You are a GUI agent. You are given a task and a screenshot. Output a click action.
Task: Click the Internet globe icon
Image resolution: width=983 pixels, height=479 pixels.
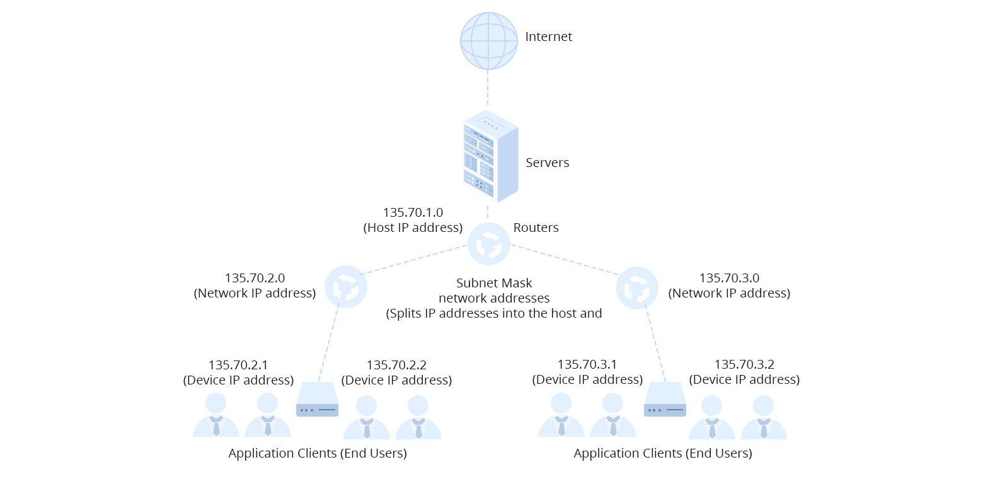coord(488,40)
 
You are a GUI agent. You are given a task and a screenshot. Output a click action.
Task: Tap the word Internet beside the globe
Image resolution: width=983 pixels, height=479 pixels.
coord(548,37)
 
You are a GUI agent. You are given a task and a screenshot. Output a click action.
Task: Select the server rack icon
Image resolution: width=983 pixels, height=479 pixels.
coord(490,156)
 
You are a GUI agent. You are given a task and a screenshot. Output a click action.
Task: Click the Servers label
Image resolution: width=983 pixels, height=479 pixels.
coord(547,163)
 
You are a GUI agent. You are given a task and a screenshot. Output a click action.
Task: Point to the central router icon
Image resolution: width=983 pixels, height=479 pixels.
coord(488,243)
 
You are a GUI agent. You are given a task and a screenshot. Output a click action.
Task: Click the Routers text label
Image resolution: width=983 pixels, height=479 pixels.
coord(536,228)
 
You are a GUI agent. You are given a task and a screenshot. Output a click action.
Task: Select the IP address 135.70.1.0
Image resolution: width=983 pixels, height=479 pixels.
coord(413,212)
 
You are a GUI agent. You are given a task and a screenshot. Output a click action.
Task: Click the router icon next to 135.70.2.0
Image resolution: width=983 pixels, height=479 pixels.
coord(345,287)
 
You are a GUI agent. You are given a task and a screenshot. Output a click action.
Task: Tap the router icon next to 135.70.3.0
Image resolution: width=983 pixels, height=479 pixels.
coord(636,288)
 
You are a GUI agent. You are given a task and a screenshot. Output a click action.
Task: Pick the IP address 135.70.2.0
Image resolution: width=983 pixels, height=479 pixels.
coord(255,278)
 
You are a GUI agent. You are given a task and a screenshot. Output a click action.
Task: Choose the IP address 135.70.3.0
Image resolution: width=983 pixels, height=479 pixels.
coord(729,278)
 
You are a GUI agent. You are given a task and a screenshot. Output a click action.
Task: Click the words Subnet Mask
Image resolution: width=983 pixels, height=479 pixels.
coord(494,283)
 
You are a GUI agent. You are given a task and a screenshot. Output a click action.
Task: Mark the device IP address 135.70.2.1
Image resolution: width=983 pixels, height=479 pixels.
coord(238,365)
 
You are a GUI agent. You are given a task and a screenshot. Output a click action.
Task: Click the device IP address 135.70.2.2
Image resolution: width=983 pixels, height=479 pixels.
coord(396,365)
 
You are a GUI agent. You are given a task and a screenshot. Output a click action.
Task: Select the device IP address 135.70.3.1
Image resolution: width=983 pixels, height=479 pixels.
coord(587,364)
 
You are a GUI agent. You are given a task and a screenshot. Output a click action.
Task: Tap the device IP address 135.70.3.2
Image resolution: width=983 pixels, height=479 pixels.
coord(744,364)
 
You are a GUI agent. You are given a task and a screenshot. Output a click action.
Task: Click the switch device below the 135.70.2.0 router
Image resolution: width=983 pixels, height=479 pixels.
coord(317,400)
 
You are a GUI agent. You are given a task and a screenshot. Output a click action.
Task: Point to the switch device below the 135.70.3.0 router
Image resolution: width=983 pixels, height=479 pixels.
coord(665,400)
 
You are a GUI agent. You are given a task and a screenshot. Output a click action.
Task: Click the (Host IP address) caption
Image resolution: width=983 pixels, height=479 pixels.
coord(413,228)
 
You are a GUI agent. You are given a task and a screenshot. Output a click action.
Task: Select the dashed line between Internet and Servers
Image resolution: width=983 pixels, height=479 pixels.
coord(488,88)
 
